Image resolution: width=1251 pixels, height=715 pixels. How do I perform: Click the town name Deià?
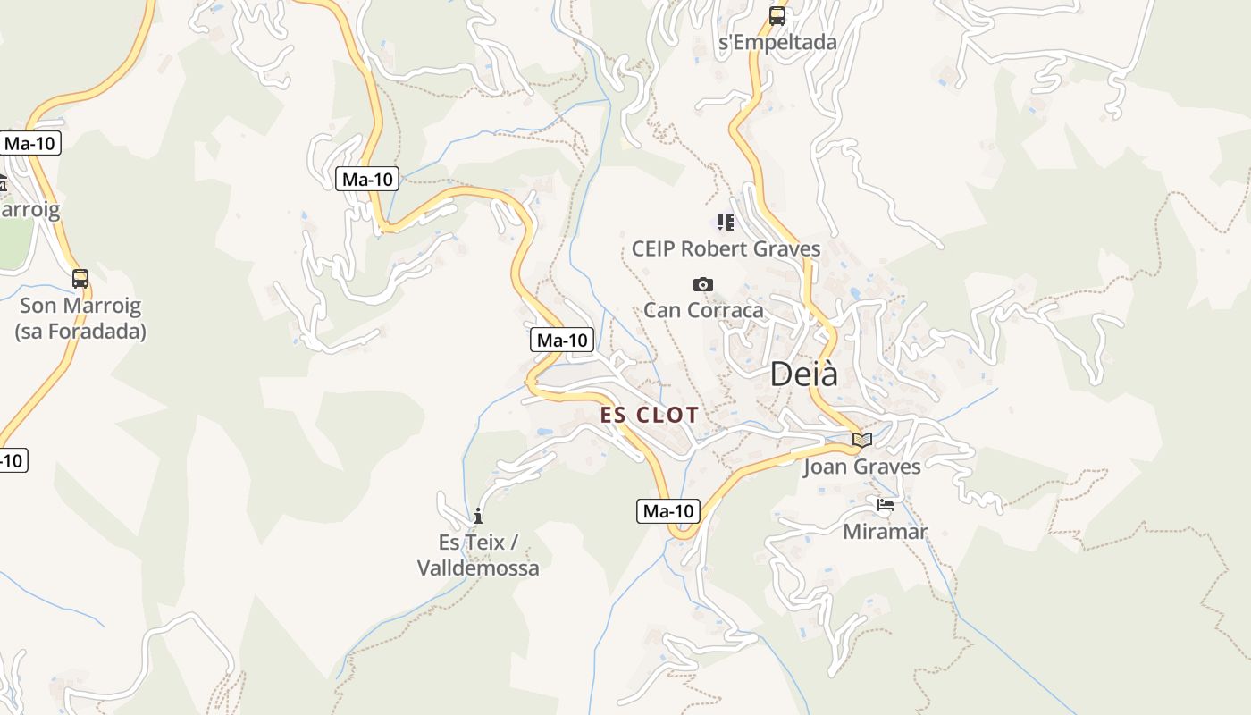804,374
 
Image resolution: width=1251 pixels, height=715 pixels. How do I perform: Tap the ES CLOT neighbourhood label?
650,416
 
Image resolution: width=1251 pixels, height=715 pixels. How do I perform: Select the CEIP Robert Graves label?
726,248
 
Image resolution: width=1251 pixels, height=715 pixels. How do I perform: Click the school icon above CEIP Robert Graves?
726,223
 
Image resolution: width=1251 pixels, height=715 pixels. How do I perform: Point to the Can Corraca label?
703,310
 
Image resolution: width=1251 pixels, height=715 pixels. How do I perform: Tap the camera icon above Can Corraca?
703,285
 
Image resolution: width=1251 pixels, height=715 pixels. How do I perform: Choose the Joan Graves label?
861,467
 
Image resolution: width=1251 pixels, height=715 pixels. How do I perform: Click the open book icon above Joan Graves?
862,440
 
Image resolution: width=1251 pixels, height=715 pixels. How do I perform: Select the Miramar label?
886,532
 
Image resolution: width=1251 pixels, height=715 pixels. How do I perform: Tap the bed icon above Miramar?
886,506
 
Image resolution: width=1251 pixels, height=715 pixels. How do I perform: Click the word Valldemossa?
478,568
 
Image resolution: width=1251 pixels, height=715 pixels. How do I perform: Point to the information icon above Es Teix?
478,516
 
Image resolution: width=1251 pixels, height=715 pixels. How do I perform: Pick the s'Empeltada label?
777,42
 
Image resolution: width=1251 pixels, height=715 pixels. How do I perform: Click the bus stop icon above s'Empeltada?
777,15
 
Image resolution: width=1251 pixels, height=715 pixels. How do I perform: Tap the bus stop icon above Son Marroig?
80,279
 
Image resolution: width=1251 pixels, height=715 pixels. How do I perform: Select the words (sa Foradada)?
80,332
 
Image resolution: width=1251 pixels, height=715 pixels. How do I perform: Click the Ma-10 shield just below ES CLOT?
667,511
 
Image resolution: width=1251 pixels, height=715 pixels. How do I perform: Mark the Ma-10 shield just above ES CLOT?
561,340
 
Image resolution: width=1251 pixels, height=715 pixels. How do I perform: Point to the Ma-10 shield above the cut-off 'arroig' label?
30,143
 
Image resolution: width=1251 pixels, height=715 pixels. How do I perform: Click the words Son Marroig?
80,307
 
